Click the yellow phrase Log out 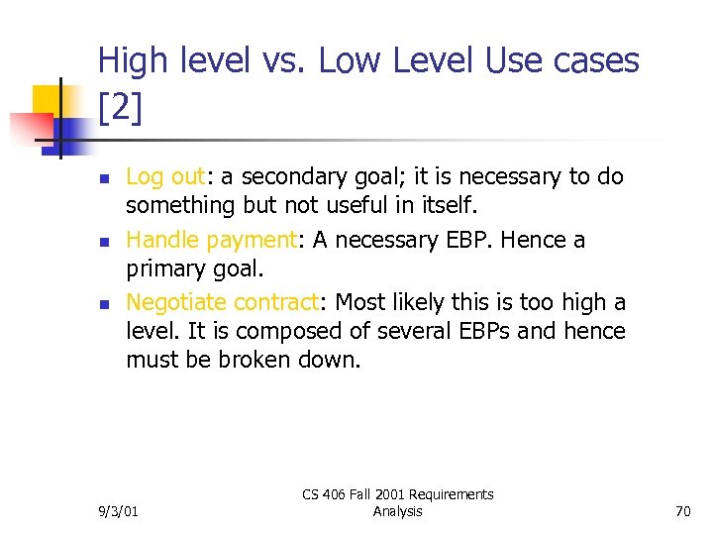[163, 177]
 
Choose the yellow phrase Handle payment [212, 240]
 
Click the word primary [163, 269]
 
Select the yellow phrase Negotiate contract [228, 301]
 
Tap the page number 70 [681, 511]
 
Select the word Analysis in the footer [397, 511]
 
